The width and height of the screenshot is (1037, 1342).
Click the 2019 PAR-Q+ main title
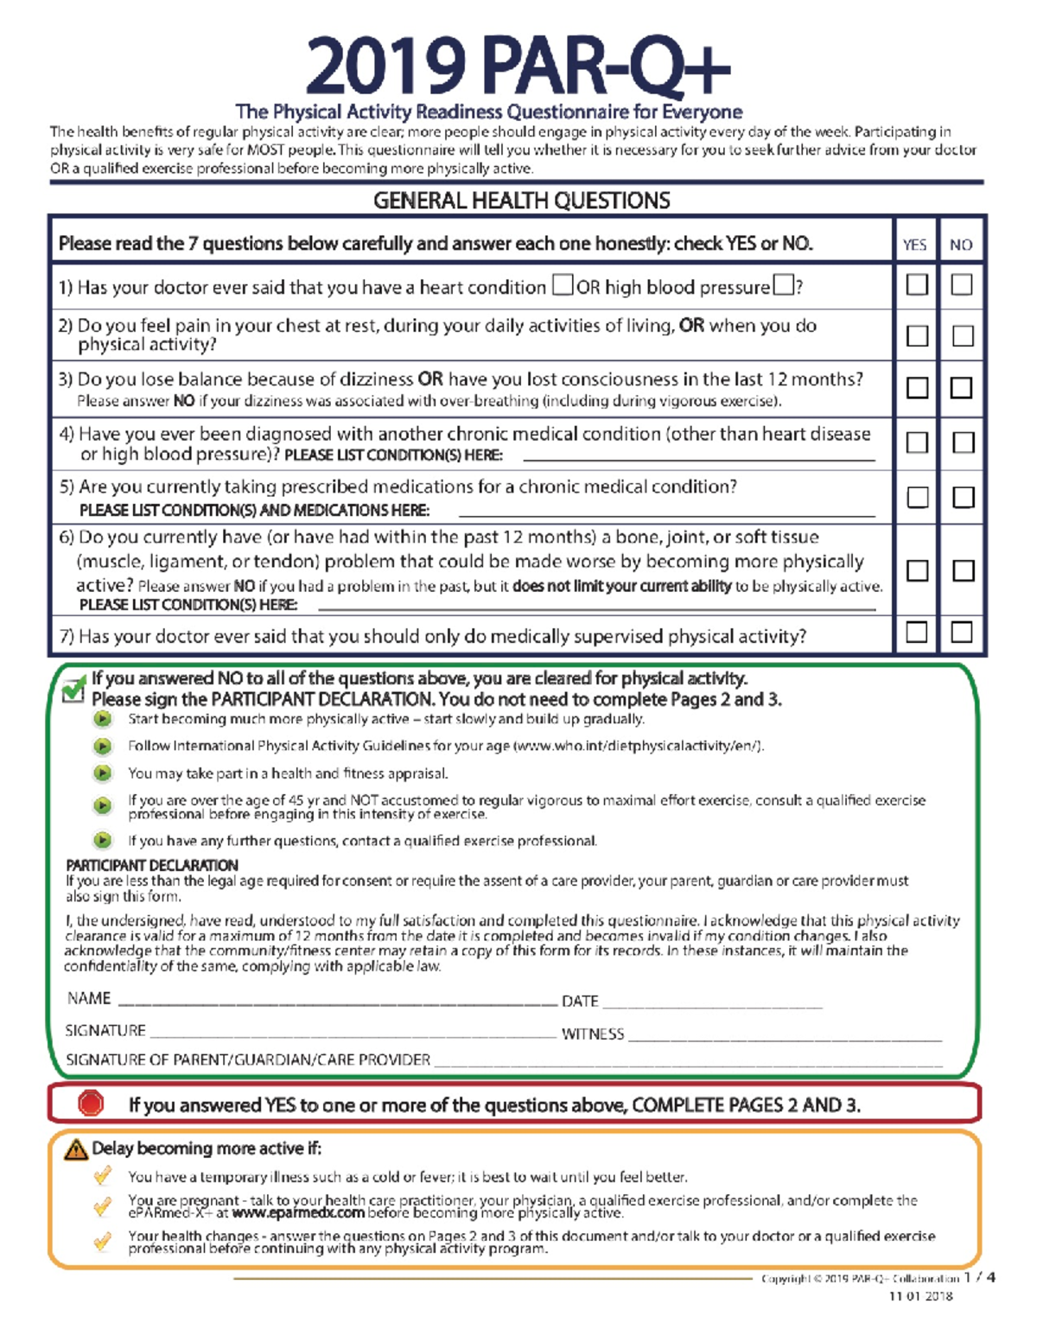(x=518, y=67)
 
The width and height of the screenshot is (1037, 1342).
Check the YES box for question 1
(x=917, y=284)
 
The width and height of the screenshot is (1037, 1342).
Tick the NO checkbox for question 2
(x=962, y=335)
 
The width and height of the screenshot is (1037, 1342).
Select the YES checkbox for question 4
(x=917, y=442)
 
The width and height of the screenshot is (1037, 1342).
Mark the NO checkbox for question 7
(x=962, y=632)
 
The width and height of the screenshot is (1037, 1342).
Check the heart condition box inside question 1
(x=563, y=284)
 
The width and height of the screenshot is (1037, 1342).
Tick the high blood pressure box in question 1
(x=783, y=284)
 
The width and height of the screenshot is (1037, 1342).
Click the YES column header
(x=914, y=245)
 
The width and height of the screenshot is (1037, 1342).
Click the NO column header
(x=961, y=245)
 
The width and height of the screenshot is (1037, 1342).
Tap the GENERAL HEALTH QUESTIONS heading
(x=521, y=200)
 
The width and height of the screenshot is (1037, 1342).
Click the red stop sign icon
(x=91, y=1103)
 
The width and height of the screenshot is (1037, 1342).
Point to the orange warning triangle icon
(x=76, y=1149)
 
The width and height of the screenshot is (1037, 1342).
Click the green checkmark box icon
(x=74, y=689)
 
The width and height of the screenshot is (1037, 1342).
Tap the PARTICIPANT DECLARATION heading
(x=152, y=865)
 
